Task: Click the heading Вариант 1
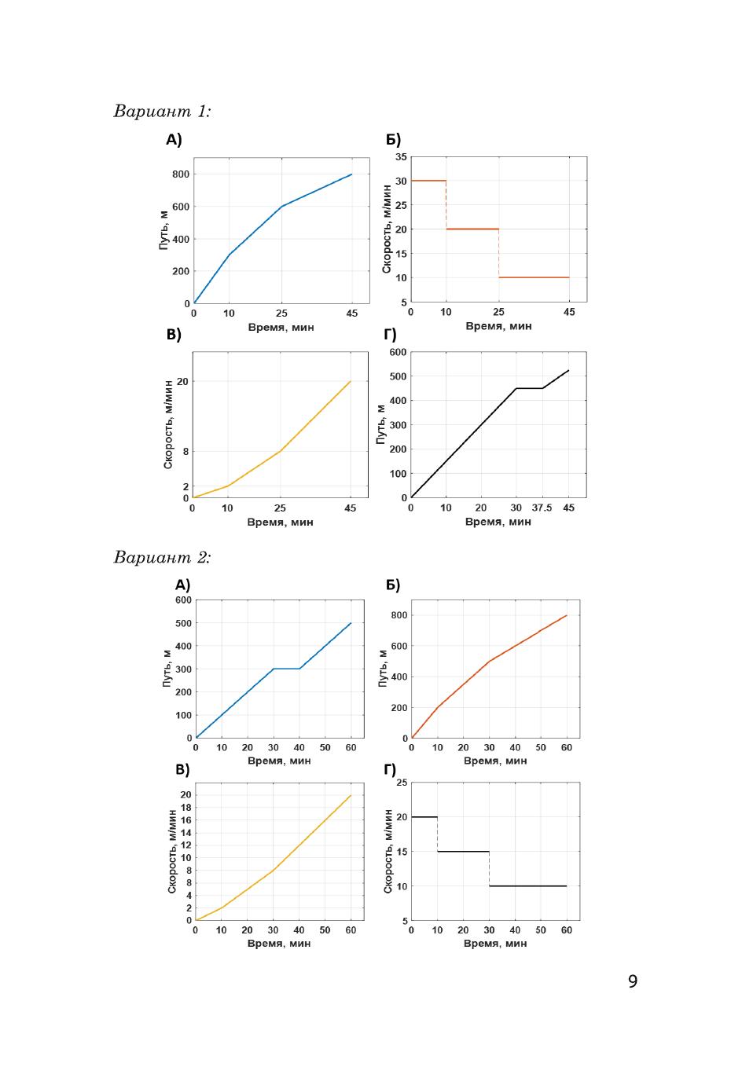pyautogui.click(x=162, y=111)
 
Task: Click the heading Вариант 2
pyautogui.click(x=162, y=557)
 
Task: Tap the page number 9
pyautogui.click(x=633, y=981)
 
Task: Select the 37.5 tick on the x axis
pyautogui.click(x=542, y=508)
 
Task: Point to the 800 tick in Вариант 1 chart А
pyautogui.click(x=182, y=174)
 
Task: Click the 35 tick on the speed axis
pyautogui.click(x=401, y=157)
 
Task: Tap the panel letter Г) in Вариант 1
pyautogui.click(x=390, y=335)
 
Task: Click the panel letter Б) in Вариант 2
pyautogui.click(x=393, y=585)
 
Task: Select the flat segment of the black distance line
pyautogui.click(x=529, y=388)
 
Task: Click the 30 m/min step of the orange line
pyautogui.click(x=428, y=181)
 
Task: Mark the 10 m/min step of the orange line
pyautogui.click(x=534, y=277)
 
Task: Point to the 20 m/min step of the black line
pyautogui.click(x=424, y=817)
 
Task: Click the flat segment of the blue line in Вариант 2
pyautogui.click(x=286, y=669)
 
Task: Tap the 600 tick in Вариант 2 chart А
pyautogui.click(x=183, y=600)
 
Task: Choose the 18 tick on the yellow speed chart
pyautogui.click(x=185, y=807)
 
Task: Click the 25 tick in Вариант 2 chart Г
pyautogui.click(x=402, y=783)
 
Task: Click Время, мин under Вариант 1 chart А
pyautogui.click(x=281, y=327)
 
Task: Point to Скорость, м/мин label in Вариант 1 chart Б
pyautogui.click(x=387, y=229)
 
